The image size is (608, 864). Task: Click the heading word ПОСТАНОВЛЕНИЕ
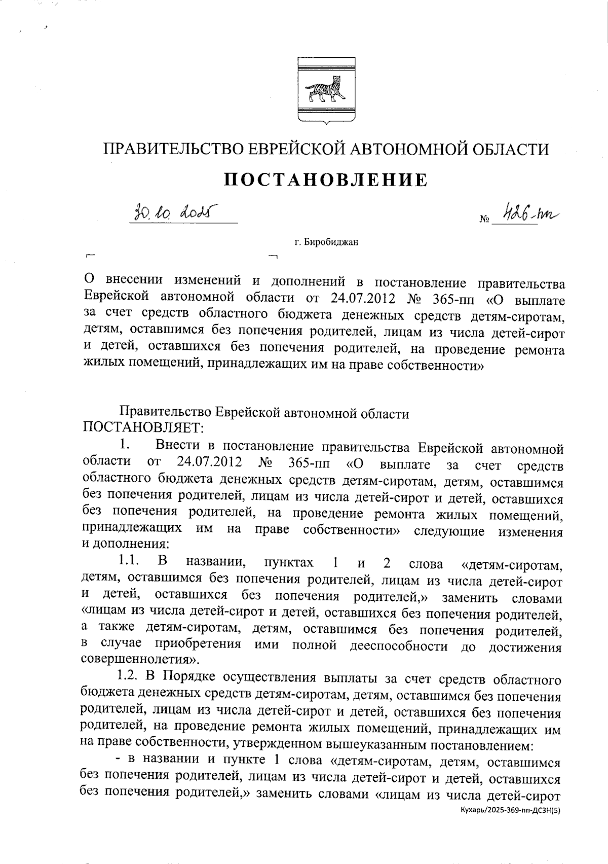click(325, 179)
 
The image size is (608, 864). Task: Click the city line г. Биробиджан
click(326, 242)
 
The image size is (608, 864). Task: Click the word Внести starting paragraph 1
click(178, 447)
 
